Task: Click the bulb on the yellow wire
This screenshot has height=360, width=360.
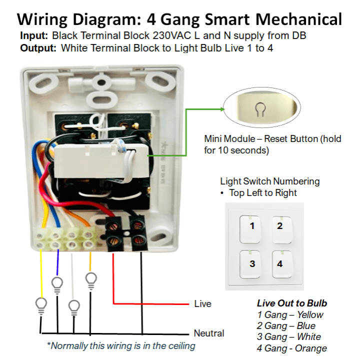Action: pos(40,303)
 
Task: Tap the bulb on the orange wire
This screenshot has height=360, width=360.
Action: pos(91,279)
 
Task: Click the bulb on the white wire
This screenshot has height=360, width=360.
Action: pos(74,306)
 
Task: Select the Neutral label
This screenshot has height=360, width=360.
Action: pos(208,333)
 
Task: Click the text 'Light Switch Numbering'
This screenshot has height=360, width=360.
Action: pos(269,181)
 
